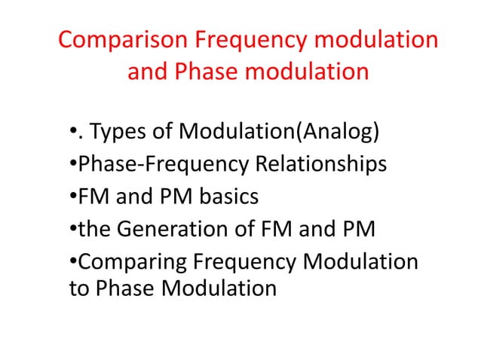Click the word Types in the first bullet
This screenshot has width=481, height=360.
coord(115,133)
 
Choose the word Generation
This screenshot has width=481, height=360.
coord(179,228)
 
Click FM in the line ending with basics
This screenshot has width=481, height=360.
coord(93,197)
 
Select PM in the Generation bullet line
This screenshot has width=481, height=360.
coord(358,228)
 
